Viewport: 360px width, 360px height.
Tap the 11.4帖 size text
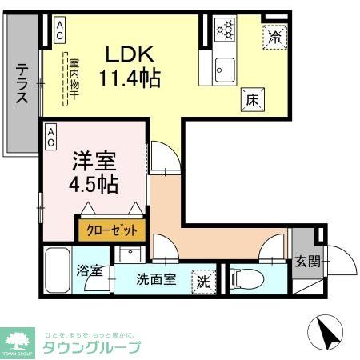tap(130, 79)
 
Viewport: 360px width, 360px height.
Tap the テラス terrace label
tap(22, 83)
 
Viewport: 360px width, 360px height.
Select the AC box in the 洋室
tap(51, 135)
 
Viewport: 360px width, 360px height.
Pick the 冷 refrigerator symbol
tap(274, 36)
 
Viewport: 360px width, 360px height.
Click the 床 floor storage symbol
tap(251, 98)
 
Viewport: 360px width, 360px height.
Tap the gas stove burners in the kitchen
tap(225, 30)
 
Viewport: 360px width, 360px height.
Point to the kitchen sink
tap(223, 69)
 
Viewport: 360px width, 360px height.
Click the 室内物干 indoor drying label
tap(74, 75)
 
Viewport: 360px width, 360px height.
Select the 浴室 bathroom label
tap(89, 270)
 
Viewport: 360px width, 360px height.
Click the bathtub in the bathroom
tap(56, 273)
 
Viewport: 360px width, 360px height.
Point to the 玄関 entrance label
tap(306, 261)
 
